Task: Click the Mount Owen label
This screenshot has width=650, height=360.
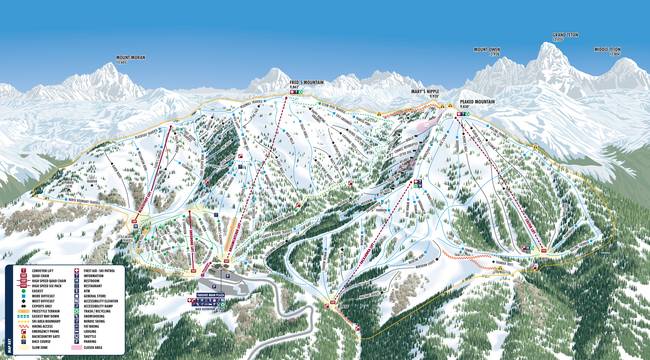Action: click(487, 49)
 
